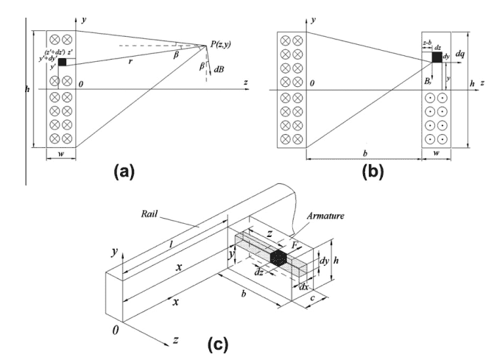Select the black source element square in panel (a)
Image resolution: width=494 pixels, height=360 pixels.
coord(62,63)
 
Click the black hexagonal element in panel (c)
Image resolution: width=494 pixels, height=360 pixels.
coord(278,258)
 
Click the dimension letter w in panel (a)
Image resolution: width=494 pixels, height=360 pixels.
coord(61,156)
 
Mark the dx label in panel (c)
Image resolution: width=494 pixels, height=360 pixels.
coord(301,286)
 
